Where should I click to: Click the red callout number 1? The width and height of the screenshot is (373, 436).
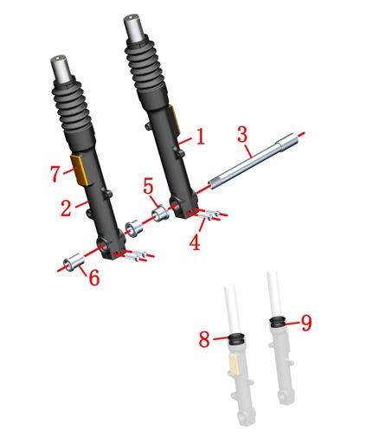click(200, 137)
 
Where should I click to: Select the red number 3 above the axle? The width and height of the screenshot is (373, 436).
click(243, 134)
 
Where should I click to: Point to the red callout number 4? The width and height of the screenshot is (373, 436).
click(196, 241)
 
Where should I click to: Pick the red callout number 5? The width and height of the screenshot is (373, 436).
click(148, 186)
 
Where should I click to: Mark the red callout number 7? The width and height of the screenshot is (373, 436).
click(55, 174)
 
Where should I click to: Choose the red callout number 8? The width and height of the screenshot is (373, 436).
click(204, 339)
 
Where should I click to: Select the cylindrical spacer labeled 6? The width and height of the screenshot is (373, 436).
click(74, 260)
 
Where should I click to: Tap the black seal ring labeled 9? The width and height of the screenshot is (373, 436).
click(278, 322)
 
